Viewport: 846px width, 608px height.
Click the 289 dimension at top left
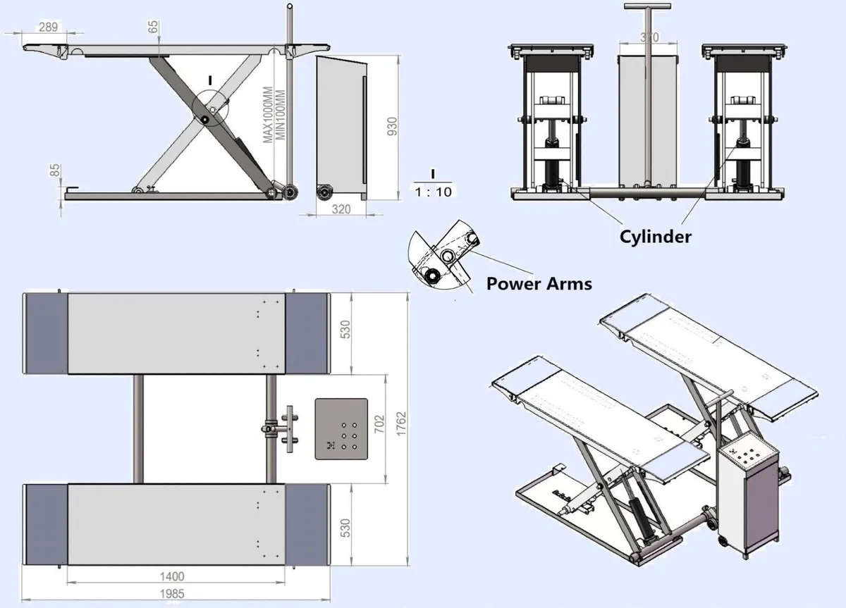[x=47, y=27]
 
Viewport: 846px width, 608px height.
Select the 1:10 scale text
[x=433, y=191]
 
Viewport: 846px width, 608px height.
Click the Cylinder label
[x=655, y=237]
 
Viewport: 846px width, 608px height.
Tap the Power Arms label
[x=539, y=283]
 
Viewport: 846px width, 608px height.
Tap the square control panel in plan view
[x=341, y=428]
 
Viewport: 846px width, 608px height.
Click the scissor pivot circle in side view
[x=210, y=111]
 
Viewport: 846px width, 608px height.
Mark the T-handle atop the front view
[x=646, y=7]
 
